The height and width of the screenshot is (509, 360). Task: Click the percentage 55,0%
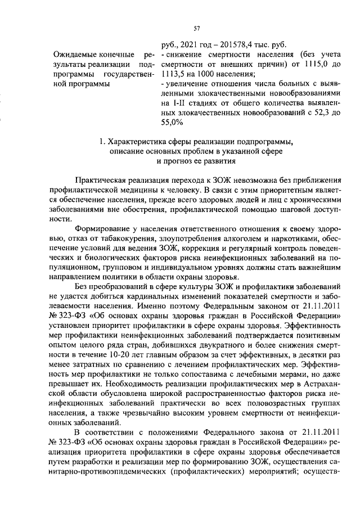[172, 122]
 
